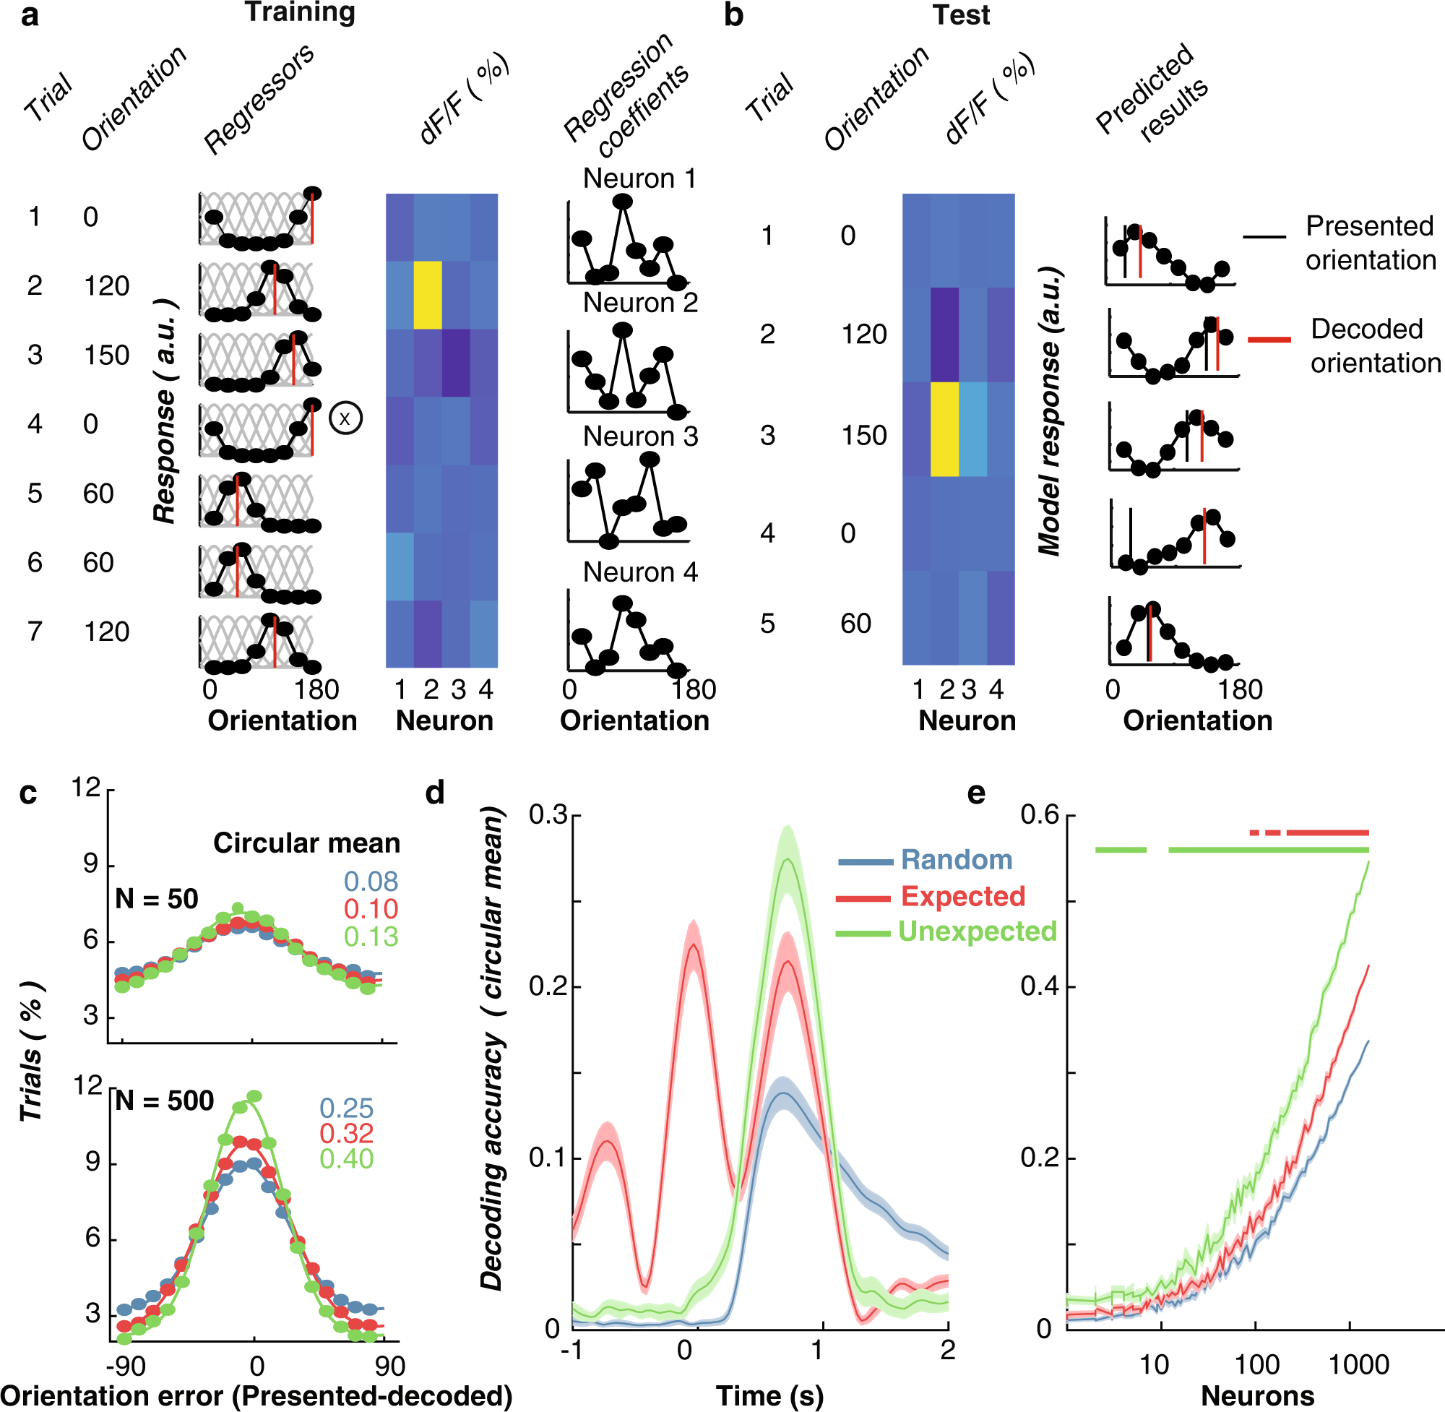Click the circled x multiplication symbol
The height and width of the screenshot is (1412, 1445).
tap(345, 418)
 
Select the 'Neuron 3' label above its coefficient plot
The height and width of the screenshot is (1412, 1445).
tap(640, 436)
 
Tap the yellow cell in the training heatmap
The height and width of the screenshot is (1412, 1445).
tap(428, 294)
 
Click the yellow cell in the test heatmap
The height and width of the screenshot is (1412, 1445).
tap(944, 429)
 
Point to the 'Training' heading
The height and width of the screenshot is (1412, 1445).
tap(300, 12)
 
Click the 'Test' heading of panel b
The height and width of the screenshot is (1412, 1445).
tap(960, 16)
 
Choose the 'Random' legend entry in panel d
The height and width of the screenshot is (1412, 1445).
tap(956, 859)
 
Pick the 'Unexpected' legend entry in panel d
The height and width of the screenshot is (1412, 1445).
tap(976, 931)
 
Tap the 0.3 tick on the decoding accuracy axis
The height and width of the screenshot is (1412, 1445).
tap(548, 815)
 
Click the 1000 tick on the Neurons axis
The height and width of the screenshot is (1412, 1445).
tap(1358, 1364)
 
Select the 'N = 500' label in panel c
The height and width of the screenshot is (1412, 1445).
tap(165, 1101)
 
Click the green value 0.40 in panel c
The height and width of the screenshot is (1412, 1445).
tap(346, 1159)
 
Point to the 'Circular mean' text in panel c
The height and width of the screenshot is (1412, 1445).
tap(306, 843)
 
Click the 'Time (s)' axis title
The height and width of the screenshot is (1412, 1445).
tap(769, 1395)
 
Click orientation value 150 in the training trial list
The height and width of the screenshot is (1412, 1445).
tap(106, 356)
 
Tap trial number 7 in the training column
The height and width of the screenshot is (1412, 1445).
tap(35, 632)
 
